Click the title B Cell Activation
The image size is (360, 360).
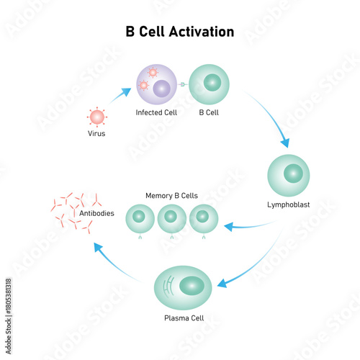tap(180, 32)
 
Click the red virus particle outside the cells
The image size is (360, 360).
tap(96, 116)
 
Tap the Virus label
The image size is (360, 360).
tap(96, 133)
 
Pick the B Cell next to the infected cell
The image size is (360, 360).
tap(210, 86)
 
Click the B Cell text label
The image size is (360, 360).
tap(210, 113)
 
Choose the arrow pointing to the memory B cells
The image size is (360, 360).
tap(245, 226)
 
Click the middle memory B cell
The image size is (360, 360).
tap(172, 218)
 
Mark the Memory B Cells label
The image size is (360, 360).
tap(171, 195)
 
